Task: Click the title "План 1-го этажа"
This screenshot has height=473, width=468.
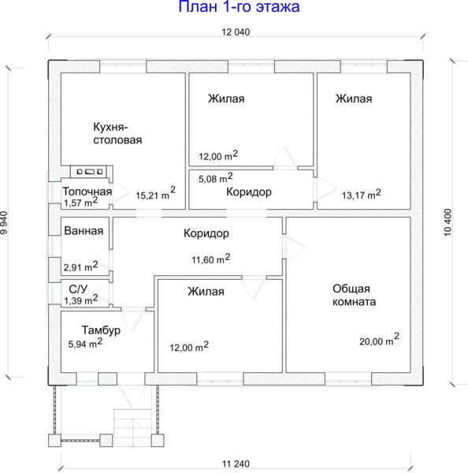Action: (x=239, y=6)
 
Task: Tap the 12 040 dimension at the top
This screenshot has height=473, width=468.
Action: (x=236, y=32)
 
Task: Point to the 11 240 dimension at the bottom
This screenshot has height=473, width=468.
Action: (x=236, y=464)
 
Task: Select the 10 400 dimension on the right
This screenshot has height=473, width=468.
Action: (x=448, y=222)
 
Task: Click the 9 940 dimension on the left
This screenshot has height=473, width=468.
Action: (x=4, y=222)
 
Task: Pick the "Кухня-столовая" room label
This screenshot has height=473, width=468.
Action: (x=117, y=133)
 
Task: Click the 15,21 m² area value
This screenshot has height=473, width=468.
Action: (x=155, y=193)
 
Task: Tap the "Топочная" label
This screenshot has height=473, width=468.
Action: (x=87, y=192)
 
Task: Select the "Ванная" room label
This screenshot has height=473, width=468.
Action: (x=84, y=231)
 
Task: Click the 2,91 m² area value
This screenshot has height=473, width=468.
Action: (x=80, y=266)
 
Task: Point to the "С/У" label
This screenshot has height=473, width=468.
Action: (x=78, y=289)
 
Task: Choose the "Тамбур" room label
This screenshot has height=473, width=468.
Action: (x=101, y=330)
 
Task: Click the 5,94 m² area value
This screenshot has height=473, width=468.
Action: (x=85, y=343)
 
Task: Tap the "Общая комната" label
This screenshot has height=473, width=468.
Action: (x=354, y=295)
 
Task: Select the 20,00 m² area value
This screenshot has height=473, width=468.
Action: (x=379, y=339)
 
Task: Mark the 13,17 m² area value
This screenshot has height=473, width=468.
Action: (x=362, y=194)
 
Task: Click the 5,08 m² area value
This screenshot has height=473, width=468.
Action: (x=215, y=177)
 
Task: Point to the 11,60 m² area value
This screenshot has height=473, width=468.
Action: (x=211, y=259)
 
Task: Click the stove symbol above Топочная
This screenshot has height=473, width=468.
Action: (x=90, y=172)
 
